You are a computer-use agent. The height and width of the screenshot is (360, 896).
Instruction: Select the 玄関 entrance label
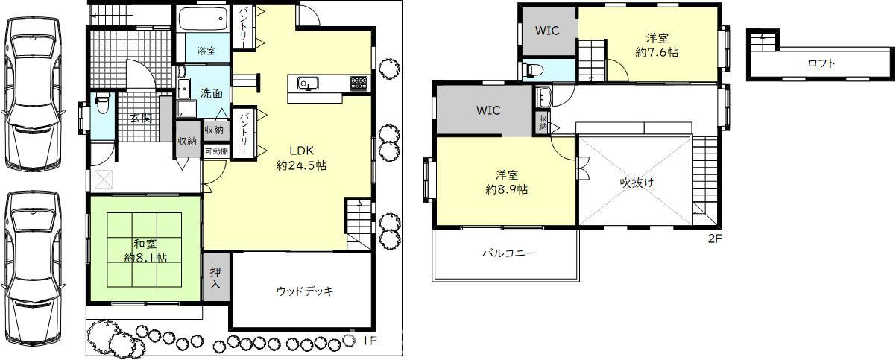point(141,118)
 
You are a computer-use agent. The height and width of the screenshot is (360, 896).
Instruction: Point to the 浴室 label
point(206,51)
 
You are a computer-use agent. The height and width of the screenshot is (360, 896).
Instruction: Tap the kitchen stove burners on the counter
point(358,81)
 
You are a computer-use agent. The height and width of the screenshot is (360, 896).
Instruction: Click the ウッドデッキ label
point(304,291)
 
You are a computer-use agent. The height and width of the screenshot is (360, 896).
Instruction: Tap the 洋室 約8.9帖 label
point(507,183)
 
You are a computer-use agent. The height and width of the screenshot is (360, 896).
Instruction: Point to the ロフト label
point(821,63)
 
